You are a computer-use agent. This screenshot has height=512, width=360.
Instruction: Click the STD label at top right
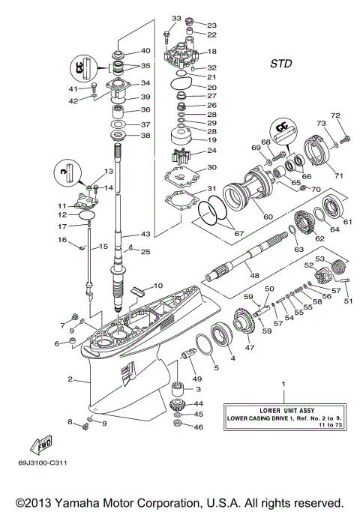point(281,64)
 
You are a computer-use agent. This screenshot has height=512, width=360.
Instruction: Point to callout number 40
point(145,51)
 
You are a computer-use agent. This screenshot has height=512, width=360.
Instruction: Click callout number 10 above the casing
point(158,286)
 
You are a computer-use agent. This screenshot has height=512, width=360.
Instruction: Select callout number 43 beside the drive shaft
point(145,235)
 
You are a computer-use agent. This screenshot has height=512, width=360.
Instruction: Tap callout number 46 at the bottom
point(199,427)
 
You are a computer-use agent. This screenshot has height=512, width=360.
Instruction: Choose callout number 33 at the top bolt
point(176,18)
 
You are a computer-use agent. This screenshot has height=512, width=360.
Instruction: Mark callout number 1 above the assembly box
point(283,384)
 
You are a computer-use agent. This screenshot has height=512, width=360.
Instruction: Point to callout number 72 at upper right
point(336,115)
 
